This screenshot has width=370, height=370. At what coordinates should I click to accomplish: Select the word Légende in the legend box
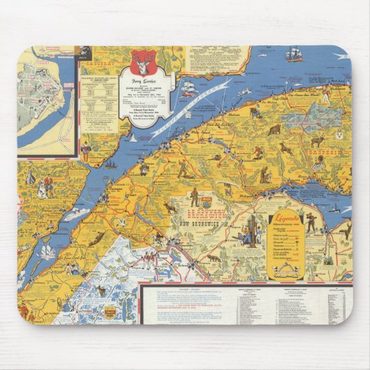click(286, 219)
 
